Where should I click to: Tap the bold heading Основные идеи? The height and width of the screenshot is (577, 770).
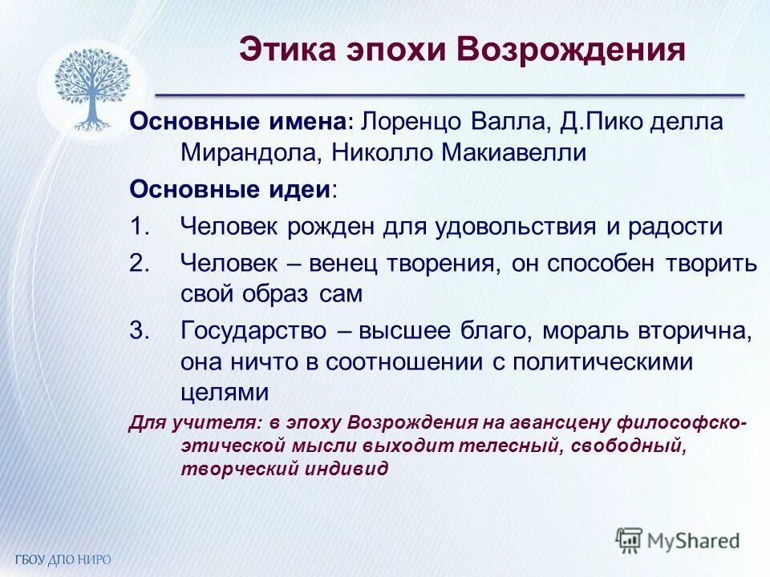pyautogui.click(x=230, y=190)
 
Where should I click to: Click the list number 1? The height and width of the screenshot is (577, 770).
pyautogui.click(x=140, y=227)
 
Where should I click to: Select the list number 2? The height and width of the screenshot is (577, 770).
pyautogui.click(x=140, y=262)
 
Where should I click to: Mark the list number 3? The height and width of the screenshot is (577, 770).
pyautogui.click(x=140, y=330)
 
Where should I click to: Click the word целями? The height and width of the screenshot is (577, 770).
pyautogui.click(x=223, y=393)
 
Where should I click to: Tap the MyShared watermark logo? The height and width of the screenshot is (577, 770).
pyautogui.click(x=678, y=540)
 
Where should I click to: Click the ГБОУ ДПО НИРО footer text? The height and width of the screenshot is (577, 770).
pyautogui.click(x=62, y=559)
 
